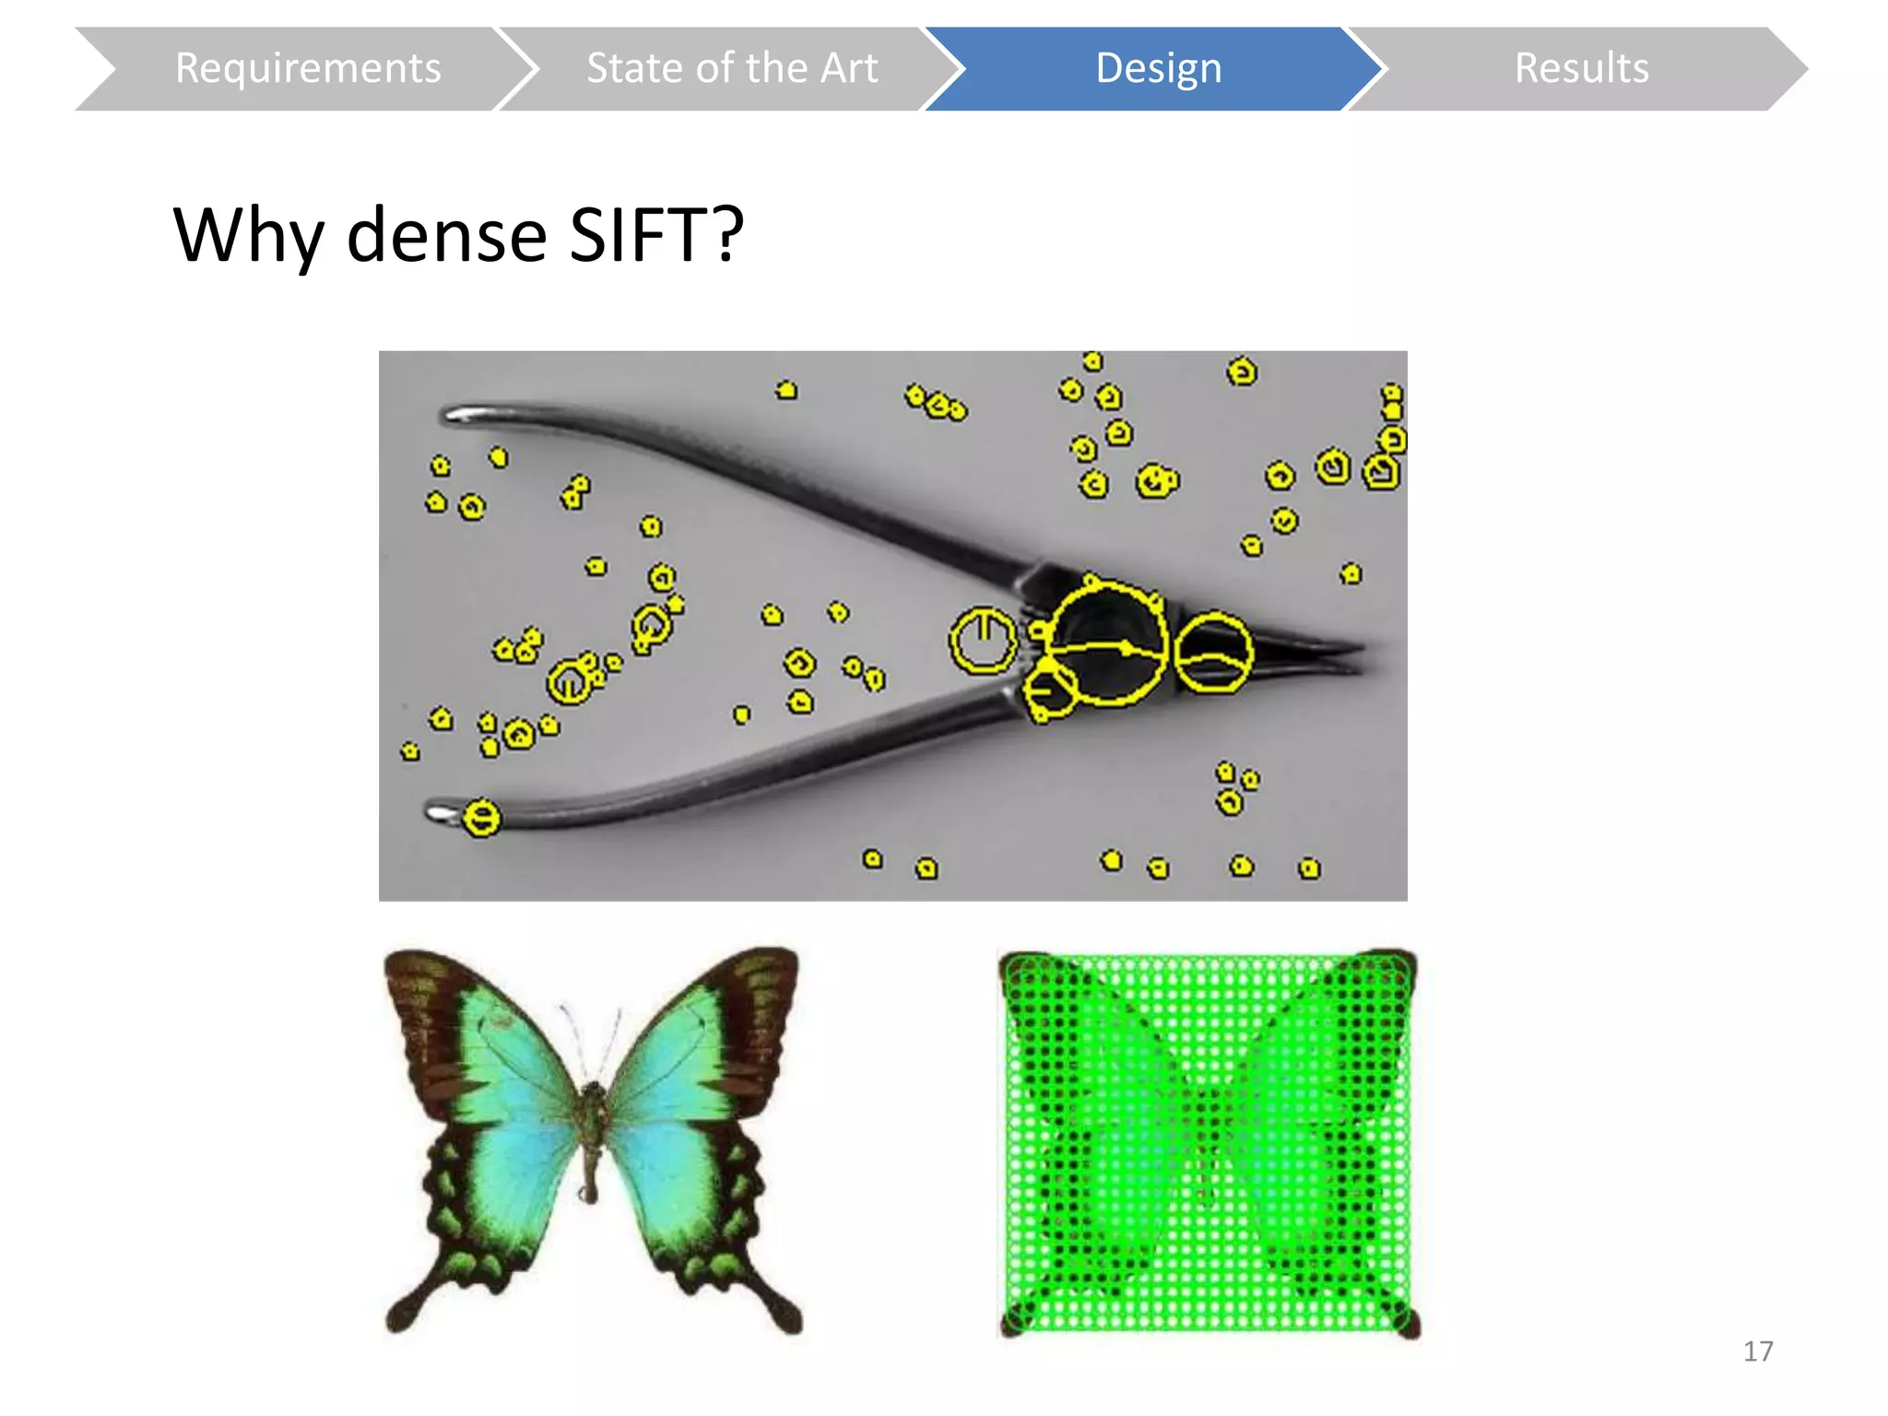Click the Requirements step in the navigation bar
[308, 69]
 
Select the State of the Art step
[732, 69]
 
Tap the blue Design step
[1158, 69]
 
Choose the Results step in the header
[1581, 69]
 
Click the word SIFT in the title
[655, 235]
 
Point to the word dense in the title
[447, 235]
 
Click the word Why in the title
[248, 235]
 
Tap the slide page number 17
[1758, 1351]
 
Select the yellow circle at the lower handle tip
[481, 818]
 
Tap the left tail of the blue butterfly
[406, 1314]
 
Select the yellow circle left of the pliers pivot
[984, 640]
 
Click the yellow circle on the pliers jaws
[1213, 653]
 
